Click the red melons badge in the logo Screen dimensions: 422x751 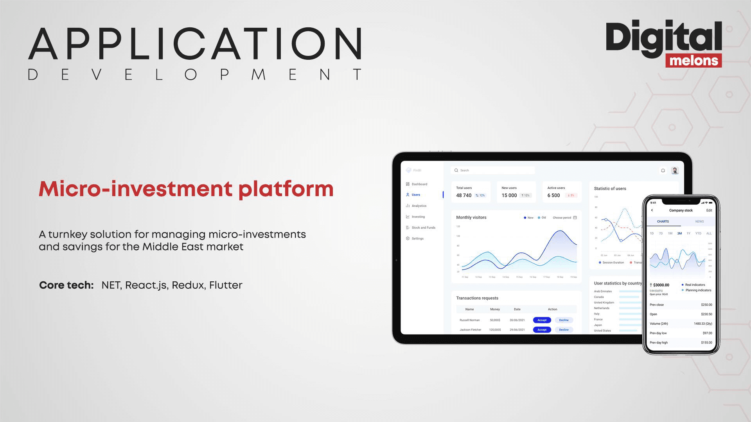[694, 61]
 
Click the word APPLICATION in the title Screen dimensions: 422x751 [195, 44]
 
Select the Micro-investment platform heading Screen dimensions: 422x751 [186, 189]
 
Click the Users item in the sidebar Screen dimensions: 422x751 [415, 195]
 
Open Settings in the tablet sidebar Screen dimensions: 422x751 [417, 238]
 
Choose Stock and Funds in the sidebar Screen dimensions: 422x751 [423, 227]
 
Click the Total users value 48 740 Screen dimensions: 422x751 [464, 195]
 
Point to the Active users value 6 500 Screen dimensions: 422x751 [553, 195]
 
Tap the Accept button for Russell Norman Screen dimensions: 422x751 [542, 320]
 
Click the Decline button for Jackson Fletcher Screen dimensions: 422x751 [564, 330]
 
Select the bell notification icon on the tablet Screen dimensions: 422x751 [663, 170]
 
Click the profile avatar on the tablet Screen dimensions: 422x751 [675, 170]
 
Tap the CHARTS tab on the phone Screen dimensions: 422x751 [663, 222]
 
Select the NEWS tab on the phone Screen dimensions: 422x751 [699, 222]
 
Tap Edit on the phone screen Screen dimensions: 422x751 [709, 210]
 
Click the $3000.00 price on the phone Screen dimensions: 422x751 [661, 285]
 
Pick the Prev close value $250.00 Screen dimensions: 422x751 [706, 305]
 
